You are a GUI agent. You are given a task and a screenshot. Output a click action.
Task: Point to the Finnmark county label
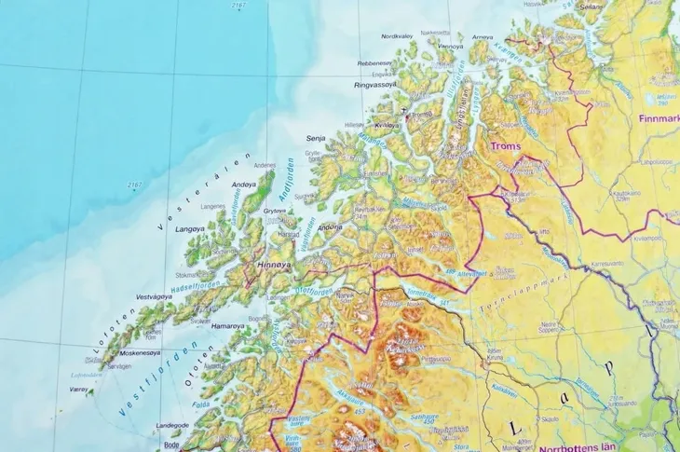pyautogui.click(x=657, y=119)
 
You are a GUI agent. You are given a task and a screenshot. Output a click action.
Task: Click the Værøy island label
pyautogui.click(x=81, y=390)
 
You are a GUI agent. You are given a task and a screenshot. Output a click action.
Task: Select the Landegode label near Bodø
pyautogui.click(x=171, y=425)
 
